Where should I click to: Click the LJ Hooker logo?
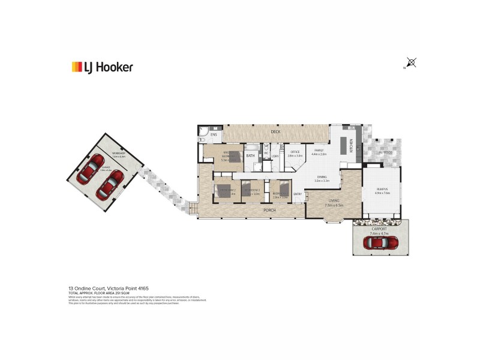(x=102, y=67)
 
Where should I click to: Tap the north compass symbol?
(x=411, y=62)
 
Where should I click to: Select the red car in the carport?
(x=379, y=242)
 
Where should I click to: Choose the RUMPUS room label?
(x=382, y=190)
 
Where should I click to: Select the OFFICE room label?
(x=295, y=152)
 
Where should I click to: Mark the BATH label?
(x=250, y=156)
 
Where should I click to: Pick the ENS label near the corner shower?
(x=213, y=135)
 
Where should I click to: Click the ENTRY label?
(x=298, y=193)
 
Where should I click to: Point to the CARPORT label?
(x=379, y=229)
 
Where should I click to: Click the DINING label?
(x=322, y=176)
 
